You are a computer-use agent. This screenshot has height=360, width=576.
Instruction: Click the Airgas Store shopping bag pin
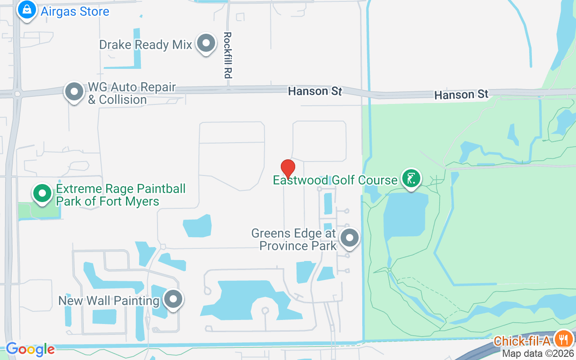(27, 9)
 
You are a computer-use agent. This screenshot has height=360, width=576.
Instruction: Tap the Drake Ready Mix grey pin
(207, 44)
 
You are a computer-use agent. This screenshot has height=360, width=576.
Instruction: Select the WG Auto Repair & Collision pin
(74, 92)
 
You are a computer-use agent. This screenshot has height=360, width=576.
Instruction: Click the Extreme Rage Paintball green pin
(43, 193)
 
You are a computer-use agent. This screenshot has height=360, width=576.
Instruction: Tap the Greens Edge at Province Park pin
(350, 237)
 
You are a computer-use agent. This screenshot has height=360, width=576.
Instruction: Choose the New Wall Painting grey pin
(173, 299)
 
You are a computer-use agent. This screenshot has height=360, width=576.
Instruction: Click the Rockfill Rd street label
(227, 55)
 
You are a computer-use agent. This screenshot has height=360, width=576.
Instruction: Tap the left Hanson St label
(315, 91)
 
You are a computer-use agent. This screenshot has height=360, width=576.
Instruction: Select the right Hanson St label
(461, 95)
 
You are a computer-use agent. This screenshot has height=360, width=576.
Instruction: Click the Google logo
(30, 349)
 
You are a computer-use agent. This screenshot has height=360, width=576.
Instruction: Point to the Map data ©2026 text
(538, 354)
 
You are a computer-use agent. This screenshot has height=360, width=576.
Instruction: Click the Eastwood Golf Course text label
(335, 180)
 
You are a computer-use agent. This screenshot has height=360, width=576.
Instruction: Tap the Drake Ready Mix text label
(145, 45)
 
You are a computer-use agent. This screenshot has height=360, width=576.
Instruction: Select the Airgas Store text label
(75, 11)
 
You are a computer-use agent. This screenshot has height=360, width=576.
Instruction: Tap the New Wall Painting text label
(109, 300)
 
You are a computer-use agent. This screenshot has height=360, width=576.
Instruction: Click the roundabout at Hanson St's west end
(17, 94)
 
